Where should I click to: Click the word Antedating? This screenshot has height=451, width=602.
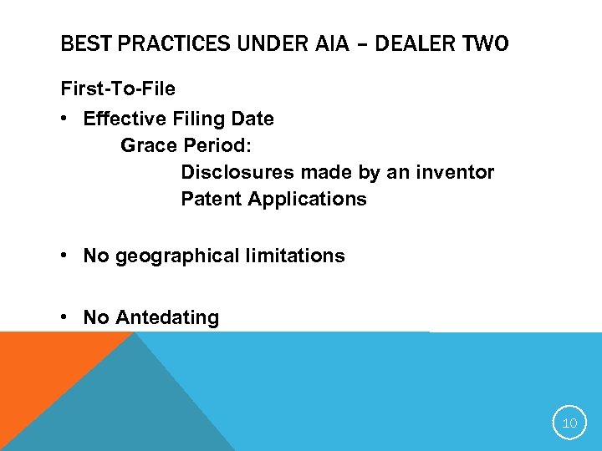(x=167, y=317)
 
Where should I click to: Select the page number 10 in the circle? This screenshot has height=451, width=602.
(x=569, y=423)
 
